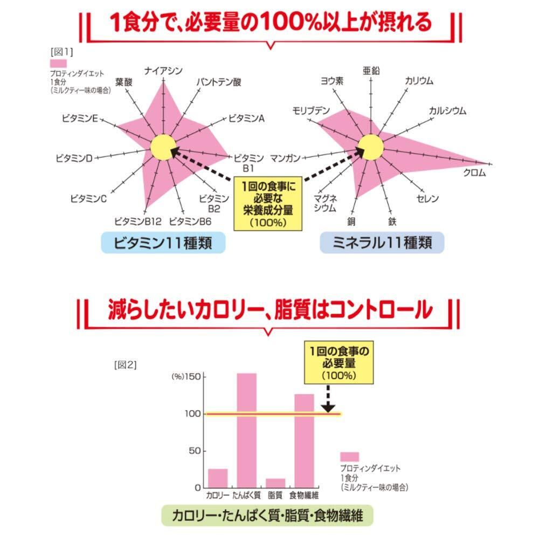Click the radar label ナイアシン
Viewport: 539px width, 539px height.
164,70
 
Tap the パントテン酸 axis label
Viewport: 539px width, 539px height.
218,82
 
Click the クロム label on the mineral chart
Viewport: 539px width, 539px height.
474,172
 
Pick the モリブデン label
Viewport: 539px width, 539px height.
311,110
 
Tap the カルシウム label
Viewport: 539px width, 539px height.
447,111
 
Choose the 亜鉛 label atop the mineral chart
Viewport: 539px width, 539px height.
371,71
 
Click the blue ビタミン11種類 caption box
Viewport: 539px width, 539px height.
163,244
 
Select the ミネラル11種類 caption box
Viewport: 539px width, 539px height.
382,243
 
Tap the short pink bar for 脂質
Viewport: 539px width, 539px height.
275,482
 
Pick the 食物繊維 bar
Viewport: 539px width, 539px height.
304,440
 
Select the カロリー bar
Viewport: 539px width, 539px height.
218,478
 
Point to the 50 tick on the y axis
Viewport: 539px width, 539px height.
193,451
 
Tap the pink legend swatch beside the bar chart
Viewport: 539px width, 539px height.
349,457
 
